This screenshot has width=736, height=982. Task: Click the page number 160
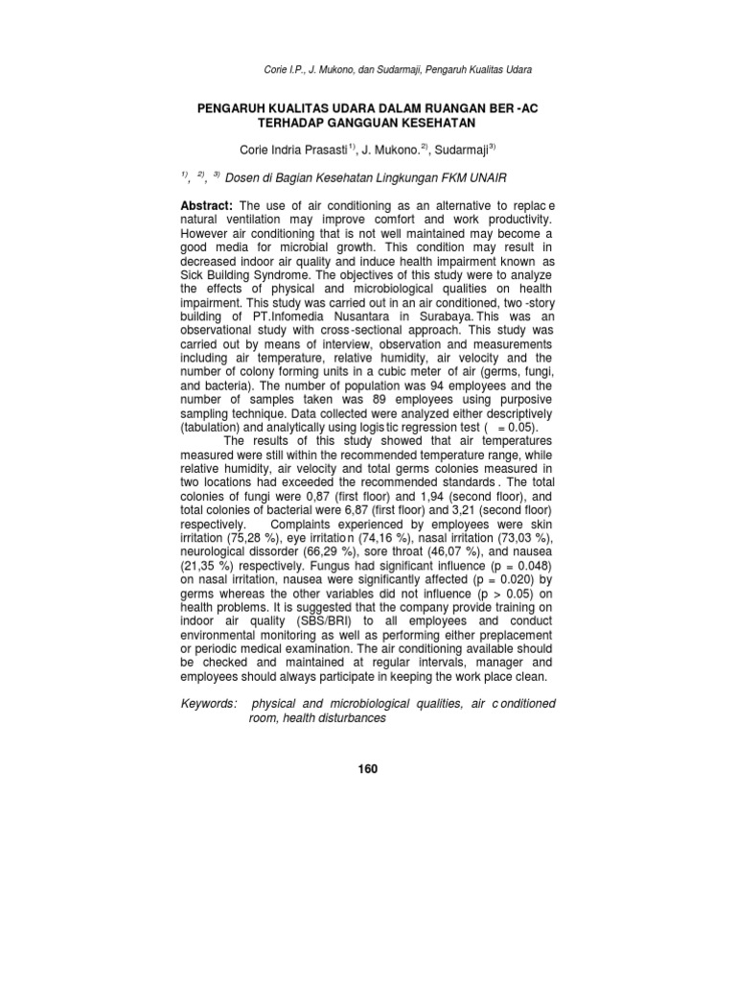[x=368, y=768]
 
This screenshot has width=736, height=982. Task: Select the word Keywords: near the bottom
[x=208, y=703]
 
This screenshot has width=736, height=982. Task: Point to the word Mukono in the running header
[x=323, y=70]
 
